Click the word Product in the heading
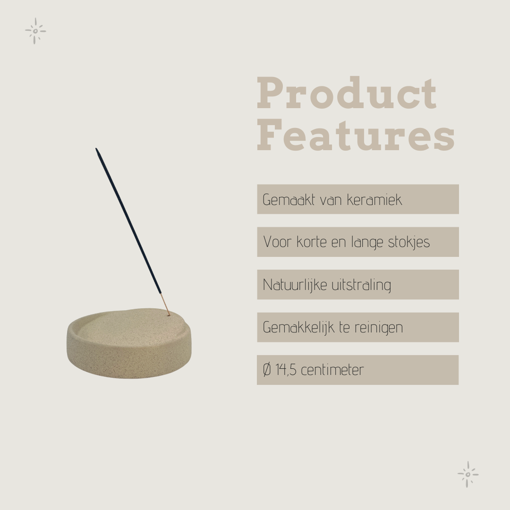pos(347,93)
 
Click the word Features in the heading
pos(356,135)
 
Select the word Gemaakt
pos(289,200)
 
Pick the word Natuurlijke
pos(295,285)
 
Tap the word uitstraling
pos(361,285)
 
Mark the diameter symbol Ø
pos(267,370)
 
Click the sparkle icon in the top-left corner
pos(35,31)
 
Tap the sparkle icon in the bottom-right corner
pos(467,474)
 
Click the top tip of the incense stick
pos(96,149)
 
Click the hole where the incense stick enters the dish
pos(169,314)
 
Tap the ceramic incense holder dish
pos(129,343)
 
